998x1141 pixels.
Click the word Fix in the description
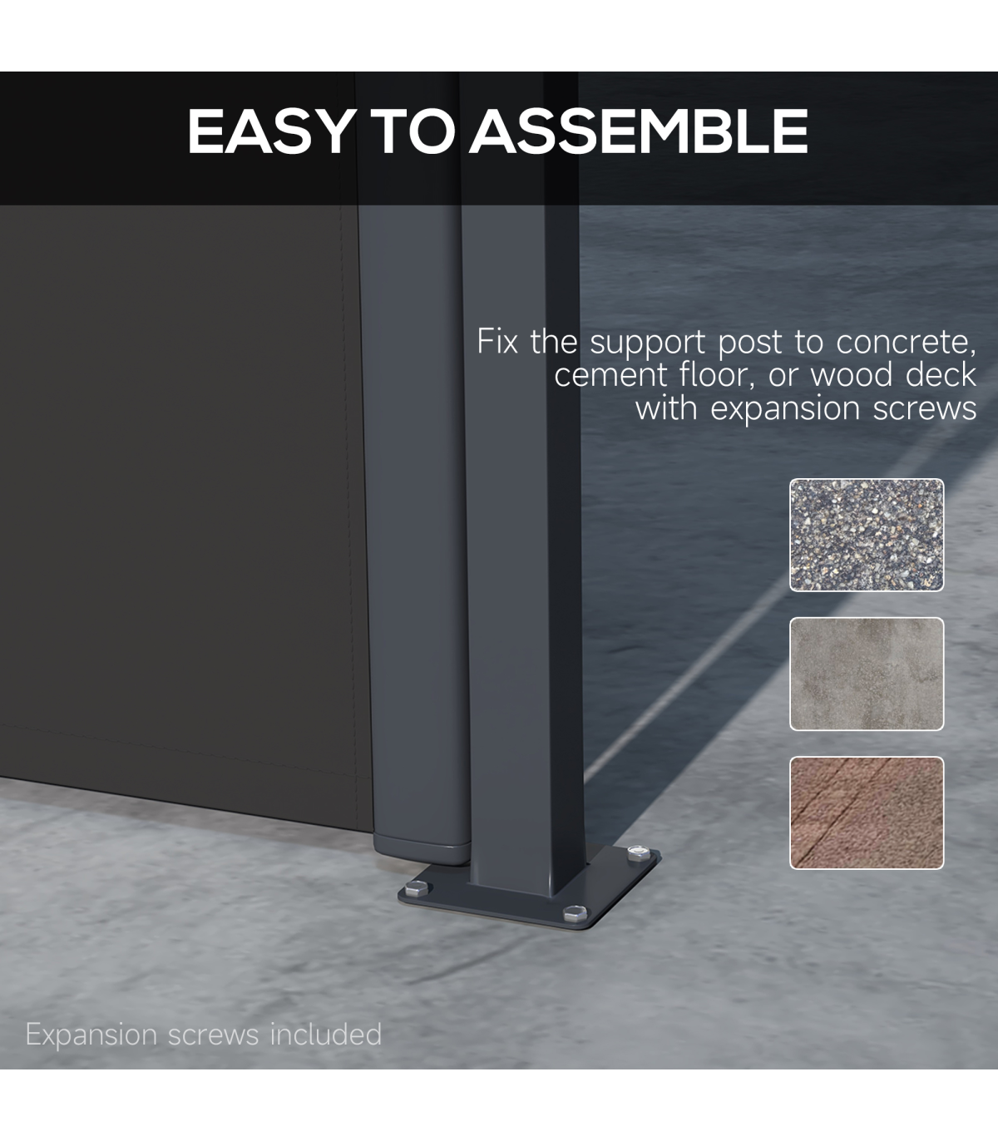[x=497, y=341]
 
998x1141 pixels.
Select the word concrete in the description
[x=906, y=343]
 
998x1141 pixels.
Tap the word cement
[x=610, y=375]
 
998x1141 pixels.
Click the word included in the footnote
[x=326, y=1034]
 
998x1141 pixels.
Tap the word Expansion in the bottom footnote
[x=91, y=1035]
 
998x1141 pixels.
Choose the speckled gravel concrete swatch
[x=867, y=535]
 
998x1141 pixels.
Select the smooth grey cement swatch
[x=867, y=674]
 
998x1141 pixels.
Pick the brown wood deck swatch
[x=867, y=813]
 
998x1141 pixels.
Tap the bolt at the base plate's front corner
[x=575, y=912]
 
